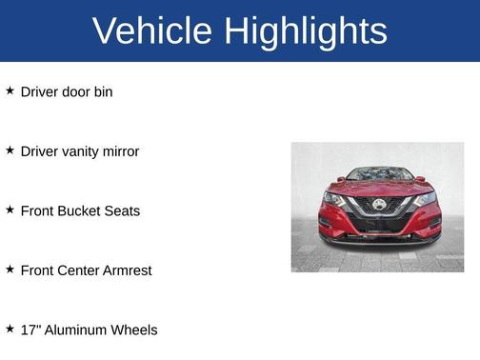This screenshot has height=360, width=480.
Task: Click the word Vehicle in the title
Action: click(x=151, y=30)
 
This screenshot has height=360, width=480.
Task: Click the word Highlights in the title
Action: click(x=306, y=31)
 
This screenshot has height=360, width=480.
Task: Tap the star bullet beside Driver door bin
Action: click(x=10, y=90)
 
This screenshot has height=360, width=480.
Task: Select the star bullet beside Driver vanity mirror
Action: click(x=10, y=150)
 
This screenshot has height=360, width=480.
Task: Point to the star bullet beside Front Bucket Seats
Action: click(x=10, y=210)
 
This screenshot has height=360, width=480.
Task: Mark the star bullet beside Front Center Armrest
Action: click(x=10, y=270)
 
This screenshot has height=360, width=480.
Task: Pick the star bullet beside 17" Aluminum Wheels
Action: click(x=10, y=329)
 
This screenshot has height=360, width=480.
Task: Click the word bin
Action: click(x=103, y=92)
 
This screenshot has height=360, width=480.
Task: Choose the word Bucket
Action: click(x=79, y=210)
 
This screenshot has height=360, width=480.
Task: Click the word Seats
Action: click(x=122, y=210)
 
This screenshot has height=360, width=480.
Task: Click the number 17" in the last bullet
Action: click(x=30, y=330)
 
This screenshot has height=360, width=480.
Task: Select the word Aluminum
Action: click(x=74, y=330)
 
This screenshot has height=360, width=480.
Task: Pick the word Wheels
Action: click(x=134, y=330)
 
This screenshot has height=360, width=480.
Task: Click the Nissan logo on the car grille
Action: click(x=378, y=205)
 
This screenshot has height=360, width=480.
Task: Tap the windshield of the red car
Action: click(x=378, y=174)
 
